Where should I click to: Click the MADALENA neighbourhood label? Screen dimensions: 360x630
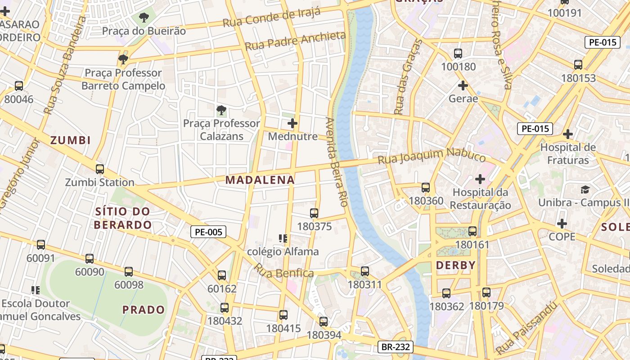tap(260, 180)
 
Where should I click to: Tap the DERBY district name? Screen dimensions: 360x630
tap(456, 265)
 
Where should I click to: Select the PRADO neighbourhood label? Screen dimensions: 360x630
tap(144, 310)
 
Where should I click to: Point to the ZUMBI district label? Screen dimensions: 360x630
tap(71, 140)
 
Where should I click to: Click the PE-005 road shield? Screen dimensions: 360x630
tap(208, 232)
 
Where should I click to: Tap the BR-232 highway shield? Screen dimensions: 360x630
tap(395, 346)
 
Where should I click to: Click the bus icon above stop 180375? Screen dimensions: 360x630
tap(314, 213)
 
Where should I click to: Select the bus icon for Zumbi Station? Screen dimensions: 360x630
tap(100, 169)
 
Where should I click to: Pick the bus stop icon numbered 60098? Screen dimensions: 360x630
tap(129, 272)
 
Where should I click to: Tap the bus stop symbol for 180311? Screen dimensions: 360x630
tap(365, 271)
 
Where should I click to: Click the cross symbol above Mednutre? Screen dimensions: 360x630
tap(292, 123)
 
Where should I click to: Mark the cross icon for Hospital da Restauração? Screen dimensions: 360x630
tap(480, 179)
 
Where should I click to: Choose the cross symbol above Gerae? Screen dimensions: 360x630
tap(463, 85)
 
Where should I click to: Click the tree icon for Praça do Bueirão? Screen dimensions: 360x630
tap(144, 18)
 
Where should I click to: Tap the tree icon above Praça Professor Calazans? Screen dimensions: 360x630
tap(221, 110)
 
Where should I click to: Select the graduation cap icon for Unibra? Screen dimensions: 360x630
tap(585, 189)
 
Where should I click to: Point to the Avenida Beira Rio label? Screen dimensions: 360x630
tap(337, 162)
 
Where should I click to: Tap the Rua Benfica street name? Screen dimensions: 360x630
tap(283, 271)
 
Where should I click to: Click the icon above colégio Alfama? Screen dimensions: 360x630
tap(283, 238)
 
